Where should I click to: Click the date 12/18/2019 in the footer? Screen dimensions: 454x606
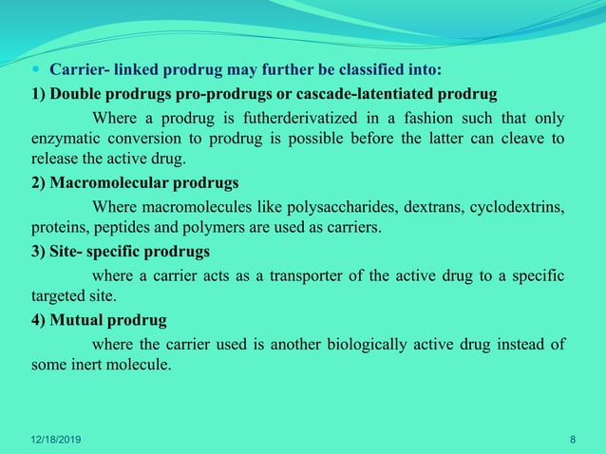[x=56, y=438]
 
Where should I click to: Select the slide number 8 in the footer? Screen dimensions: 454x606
[x=572, y=438]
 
